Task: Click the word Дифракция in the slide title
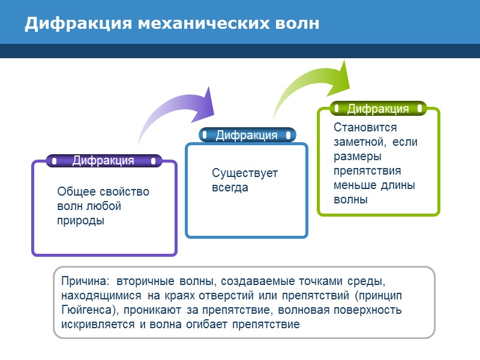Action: pos(77,23)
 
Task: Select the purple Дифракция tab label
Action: pos(103,160)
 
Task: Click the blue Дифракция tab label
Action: pos(247,135)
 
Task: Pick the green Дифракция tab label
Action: pos(378,109)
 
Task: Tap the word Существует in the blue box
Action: pos(245,173)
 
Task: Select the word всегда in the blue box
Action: pos(230,187)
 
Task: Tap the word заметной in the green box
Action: pos(358,142)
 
